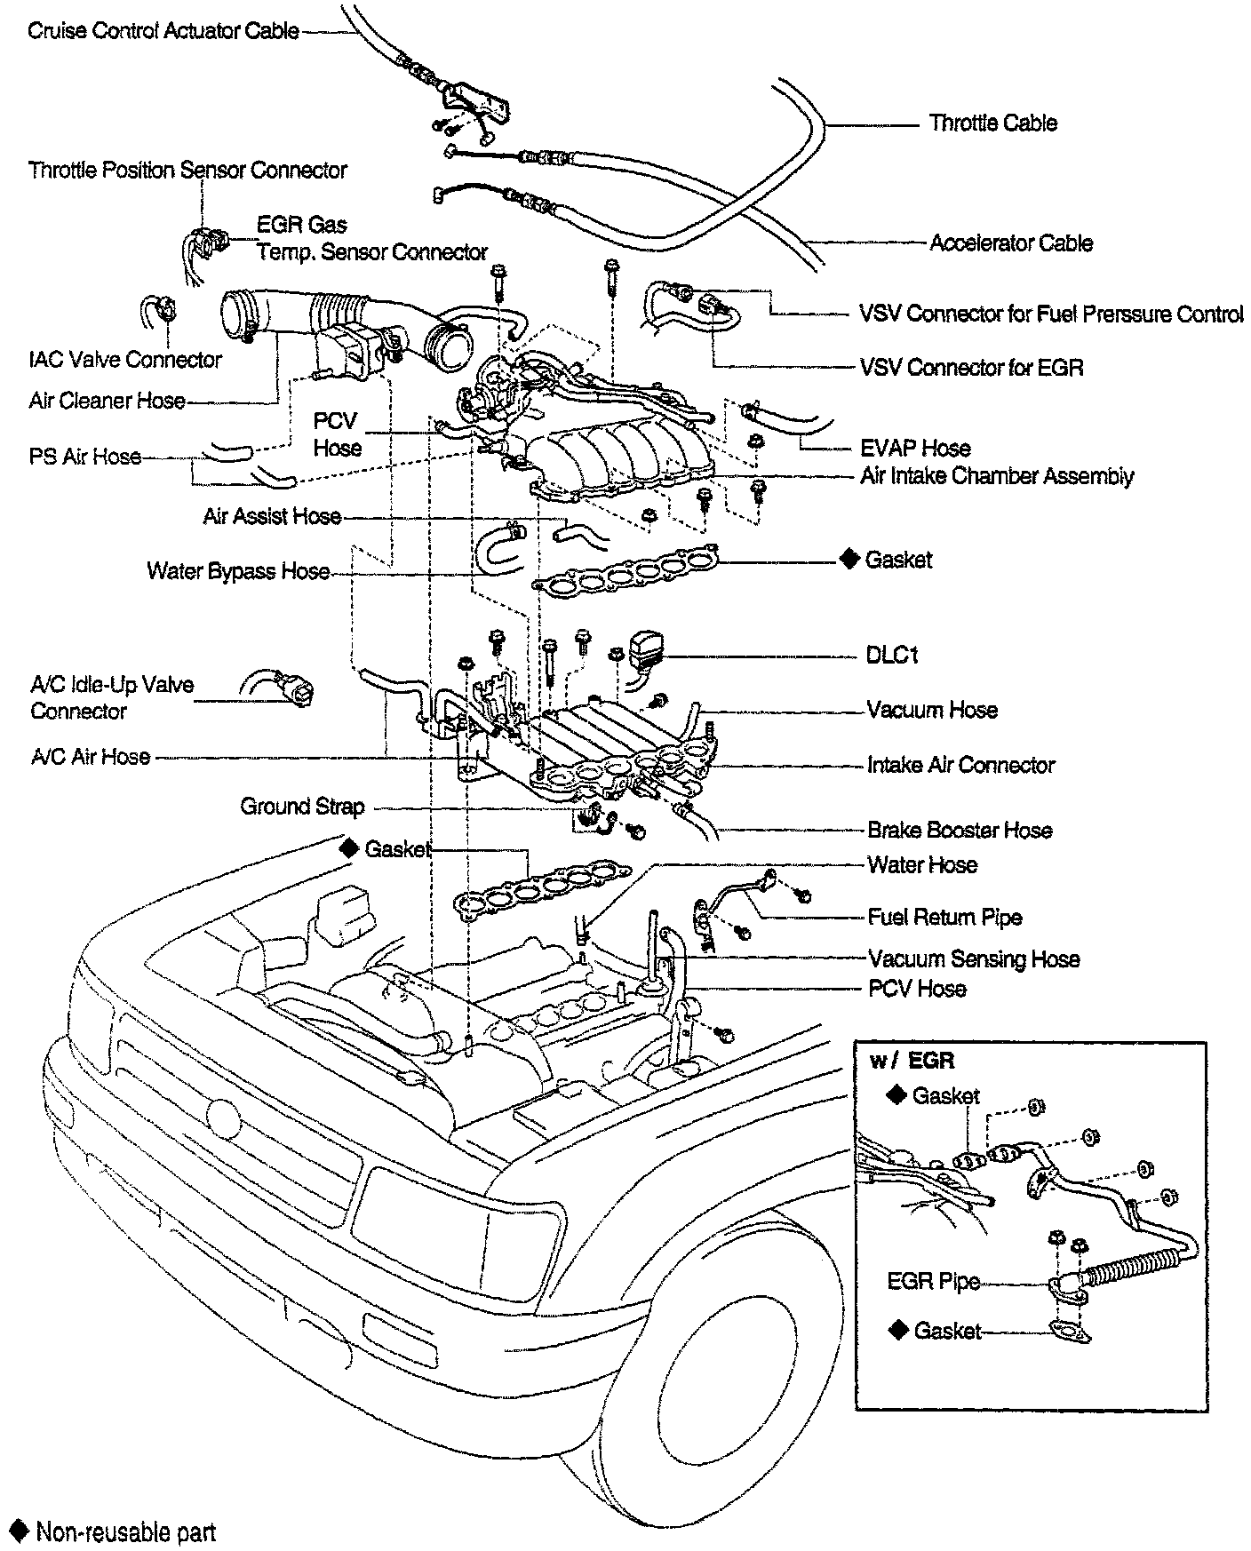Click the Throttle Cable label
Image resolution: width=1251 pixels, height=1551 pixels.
tap(992, 123)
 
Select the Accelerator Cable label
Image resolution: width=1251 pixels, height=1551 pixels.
tap(1011, 243)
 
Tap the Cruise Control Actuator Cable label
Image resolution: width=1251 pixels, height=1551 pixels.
tap(163, 31)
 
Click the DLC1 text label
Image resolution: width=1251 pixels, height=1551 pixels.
tap(892, 656)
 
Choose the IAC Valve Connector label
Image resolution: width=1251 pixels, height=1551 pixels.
tap(125, 360)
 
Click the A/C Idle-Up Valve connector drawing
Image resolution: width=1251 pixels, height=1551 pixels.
tap(278, 688)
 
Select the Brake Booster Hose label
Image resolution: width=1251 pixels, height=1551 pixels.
tap(960, 831)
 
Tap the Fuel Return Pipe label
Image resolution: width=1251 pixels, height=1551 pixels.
tap(944, 918)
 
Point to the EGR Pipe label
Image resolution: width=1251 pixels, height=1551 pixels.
tap(934, 1282)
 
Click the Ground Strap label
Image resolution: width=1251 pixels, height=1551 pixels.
tap(302, 807)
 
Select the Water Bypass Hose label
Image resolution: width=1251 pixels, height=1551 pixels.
tap(238, 571)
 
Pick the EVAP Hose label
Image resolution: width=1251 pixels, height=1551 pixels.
tap(915, 449)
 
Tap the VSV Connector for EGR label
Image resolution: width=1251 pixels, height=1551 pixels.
tap(971, 368)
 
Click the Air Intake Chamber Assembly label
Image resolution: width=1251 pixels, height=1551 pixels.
tap(997, 476)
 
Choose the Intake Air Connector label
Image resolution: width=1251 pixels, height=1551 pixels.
tap(961, 765)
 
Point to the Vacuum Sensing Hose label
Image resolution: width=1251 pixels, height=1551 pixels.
tap(974, 959)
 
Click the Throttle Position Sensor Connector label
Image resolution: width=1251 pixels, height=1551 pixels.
tap(187, 170)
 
